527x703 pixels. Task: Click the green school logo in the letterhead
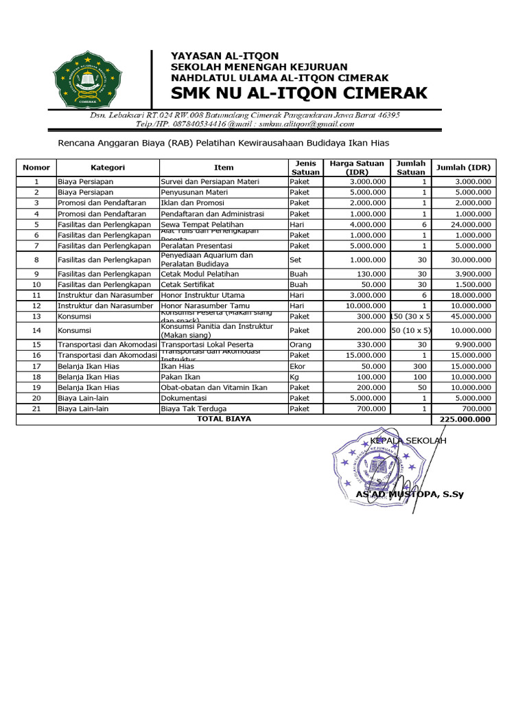click(86, 80)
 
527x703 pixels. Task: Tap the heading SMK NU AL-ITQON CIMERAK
click(298, 93)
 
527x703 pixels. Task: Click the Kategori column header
click(108, 168)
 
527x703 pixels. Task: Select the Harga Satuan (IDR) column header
click(357, 168)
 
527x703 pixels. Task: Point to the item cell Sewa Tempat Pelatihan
click(202, 224)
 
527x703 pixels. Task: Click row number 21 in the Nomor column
click(36, 408)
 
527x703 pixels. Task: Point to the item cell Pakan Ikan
click(180, 377)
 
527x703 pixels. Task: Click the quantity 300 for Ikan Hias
click(419, 366)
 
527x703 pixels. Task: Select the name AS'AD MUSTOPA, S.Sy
click(409, 494)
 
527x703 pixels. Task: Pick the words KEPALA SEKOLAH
click(408, 441)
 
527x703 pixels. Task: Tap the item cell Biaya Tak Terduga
click(193, 408)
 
